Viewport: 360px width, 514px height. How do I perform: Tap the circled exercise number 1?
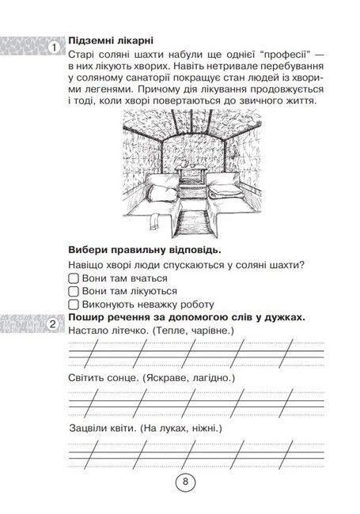53,49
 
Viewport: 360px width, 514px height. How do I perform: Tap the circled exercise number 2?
53,324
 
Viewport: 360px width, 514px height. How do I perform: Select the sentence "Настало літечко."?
105,329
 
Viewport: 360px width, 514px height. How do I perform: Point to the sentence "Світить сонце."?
103,379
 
